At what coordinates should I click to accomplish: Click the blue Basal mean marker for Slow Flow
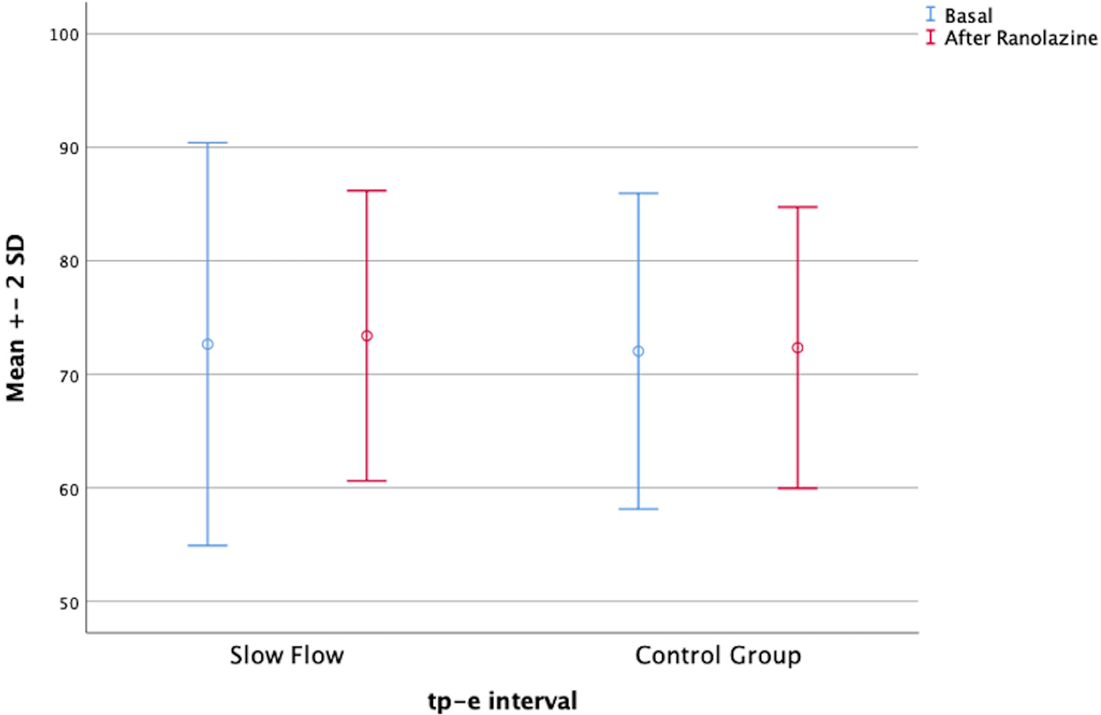coord(208,344)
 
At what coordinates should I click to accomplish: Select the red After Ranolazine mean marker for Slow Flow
coord(366,336)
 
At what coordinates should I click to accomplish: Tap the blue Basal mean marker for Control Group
coord(639,352)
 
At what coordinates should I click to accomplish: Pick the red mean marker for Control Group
coord(797,348)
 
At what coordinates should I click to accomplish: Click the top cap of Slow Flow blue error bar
coord(208,143)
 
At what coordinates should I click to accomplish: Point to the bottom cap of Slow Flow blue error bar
coord(208,545)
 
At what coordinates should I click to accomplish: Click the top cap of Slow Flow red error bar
coord(366,191)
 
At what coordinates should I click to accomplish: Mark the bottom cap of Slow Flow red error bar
coord(366,481)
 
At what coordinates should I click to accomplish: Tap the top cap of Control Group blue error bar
coord(639,193)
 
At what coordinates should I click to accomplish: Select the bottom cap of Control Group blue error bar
coord(639,509)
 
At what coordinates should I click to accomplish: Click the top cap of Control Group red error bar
coord(797,207)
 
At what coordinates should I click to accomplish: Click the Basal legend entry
coord(967,15)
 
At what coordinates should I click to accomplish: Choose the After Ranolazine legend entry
coord(1020,38)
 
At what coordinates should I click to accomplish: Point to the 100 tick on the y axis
coord(64,35)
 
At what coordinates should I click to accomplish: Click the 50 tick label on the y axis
coord(68,603)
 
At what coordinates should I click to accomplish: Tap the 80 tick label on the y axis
coord(68,262)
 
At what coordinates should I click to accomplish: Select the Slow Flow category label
coord(286,655)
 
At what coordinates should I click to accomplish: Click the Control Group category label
coord(717,655)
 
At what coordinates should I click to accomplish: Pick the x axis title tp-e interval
coord(502,701)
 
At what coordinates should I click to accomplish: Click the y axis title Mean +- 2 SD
coord(16,318)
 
